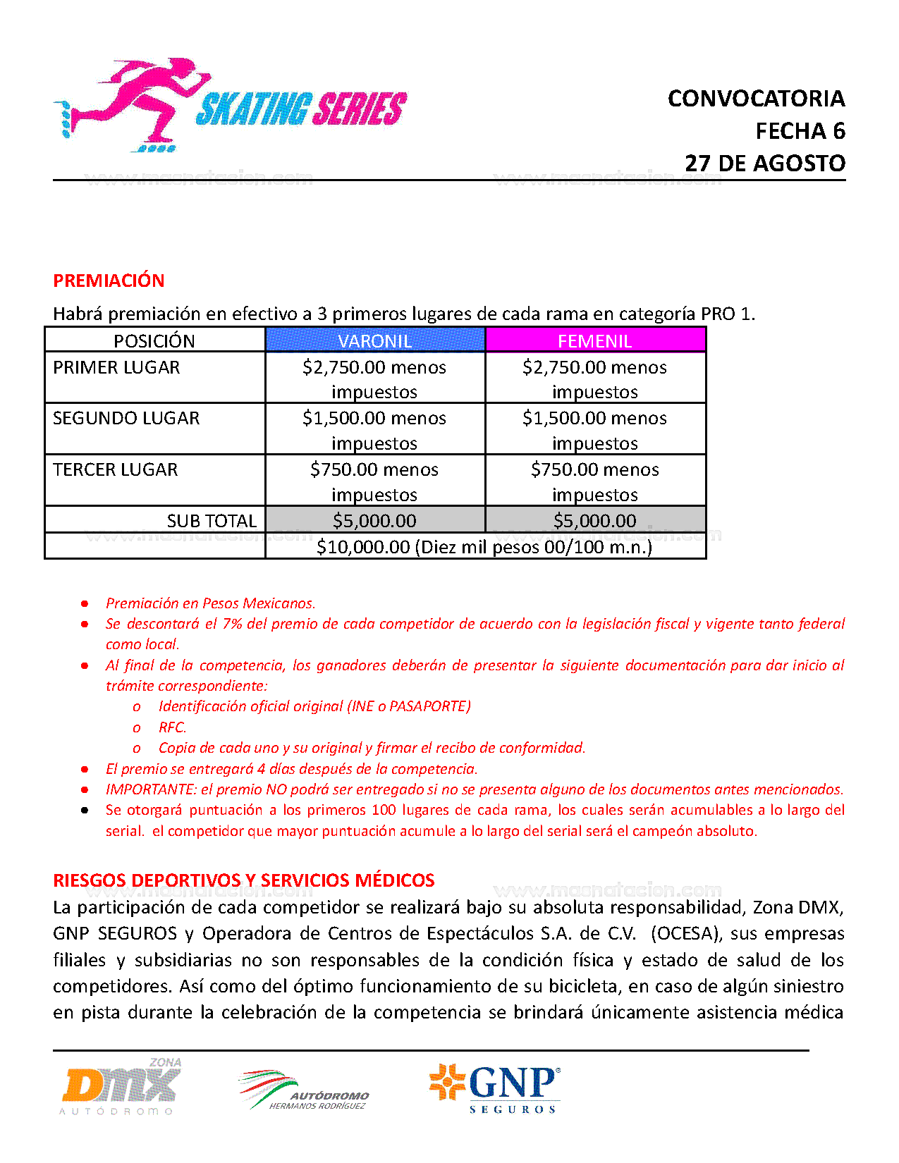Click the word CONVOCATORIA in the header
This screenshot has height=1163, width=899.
[x=756, y=99]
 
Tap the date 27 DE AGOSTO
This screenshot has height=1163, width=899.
[x=765, y=164]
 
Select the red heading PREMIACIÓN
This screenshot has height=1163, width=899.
[x=109, y=281]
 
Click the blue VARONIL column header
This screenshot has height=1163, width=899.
[x=374, y=340]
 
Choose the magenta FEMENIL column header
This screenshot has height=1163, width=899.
[x=594, y=340]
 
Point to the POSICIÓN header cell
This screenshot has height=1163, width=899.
[x=154, y=340]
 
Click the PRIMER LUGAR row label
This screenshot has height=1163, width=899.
[x=116, y=367]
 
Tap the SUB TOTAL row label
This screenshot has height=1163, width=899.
[x=212, y=521]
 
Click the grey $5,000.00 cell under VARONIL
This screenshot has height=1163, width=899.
[x=374, y=521]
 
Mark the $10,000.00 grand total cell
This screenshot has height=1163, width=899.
[x=484, y=547]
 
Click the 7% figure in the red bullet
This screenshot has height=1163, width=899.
[x=233, y=624]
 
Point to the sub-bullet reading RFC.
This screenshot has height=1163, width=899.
[x=172, y=727]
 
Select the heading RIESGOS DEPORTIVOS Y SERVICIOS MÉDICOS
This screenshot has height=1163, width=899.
[x=244, y=880]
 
